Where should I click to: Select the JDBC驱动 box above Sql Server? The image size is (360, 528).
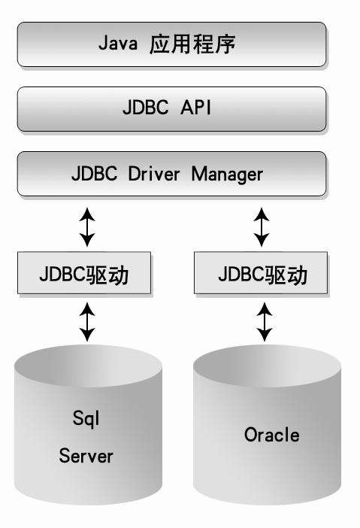[x=85, y=275]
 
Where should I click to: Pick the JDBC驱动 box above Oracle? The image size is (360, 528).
[x=262, y=275]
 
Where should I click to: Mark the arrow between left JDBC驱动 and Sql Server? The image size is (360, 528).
[x=87, y=321]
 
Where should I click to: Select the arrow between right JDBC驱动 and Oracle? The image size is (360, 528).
[x=264, y=321]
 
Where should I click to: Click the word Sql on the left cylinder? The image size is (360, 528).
[x=86, y=418]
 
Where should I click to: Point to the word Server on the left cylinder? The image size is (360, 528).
[x=86, y=455]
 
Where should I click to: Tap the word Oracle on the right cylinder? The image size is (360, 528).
[x=271, y=435]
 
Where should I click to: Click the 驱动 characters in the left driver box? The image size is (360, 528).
[x=111, y=275]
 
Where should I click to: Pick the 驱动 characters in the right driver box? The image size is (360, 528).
[x=289, y=275]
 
